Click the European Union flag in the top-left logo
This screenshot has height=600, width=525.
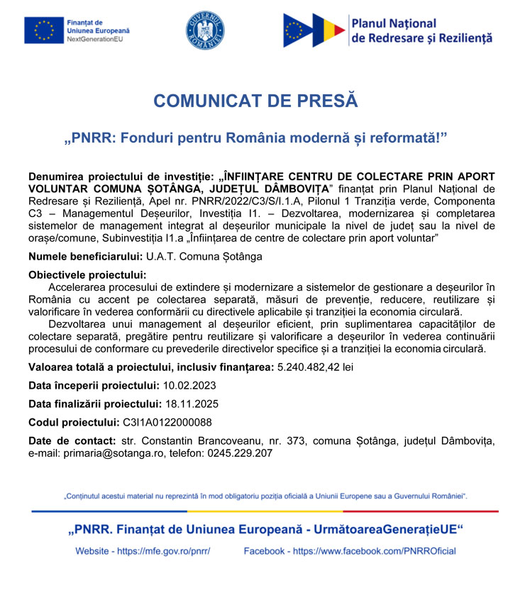(x=43, y=30)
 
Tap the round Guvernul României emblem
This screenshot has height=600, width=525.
(x=205, y=30)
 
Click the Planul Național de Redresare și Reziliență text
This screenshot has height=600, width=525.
(x=421, y=30)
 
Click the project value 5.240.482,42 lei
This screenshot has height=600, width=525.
(x=314, y=367)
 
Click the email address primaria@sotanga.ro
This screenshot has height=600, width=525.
(x=106, y=453)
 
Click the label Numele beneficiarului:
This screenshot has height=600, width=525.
(x=85, y=255)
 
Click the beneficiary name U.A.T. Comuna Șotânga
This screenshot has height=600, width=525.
(x=204, y=255)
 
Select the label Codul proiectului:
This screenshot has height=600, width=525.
(x=73, y=423)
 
